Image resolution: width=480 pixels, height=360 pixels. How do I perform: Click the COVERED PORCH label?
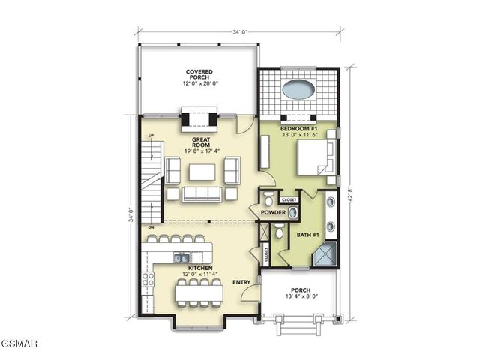[x=199, y=76]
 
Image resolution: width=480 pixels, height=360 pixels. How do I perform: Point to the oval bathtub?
[x=298, y=89]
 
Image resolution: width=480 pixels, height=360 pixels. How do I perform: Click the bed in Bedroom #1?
[x=314, y=158]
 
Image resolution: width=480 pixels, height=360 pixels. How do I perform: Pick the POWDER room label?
[x=273, y=213]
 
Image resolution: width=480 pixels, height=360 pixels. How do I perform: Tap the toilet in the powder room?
[x=269, y=199]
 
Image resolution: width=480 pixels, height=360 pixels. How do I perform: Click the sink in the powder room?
[x=293, y=213]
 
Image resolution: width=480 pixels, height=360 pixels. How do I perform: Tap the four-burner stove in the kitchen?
[x=148, y=280]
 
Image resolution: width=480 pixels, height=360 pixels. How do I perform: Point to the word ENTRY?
[x=241, y=282]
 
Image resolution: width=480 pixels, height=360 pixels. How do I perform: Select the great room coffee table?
[x=202, y=172]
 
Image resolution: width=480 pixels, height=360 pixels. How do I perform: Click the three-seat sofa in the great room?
[x=202, y=194]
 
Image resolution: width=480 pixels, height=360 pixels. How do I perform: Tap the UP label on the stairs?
[x=151, y=136]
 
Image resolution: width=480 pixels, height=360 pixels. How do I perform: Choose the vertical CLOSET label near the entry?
[x=266, y=253]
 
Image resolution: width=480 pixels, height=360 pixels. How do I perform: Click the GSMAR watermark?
[x=19, y=343]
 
